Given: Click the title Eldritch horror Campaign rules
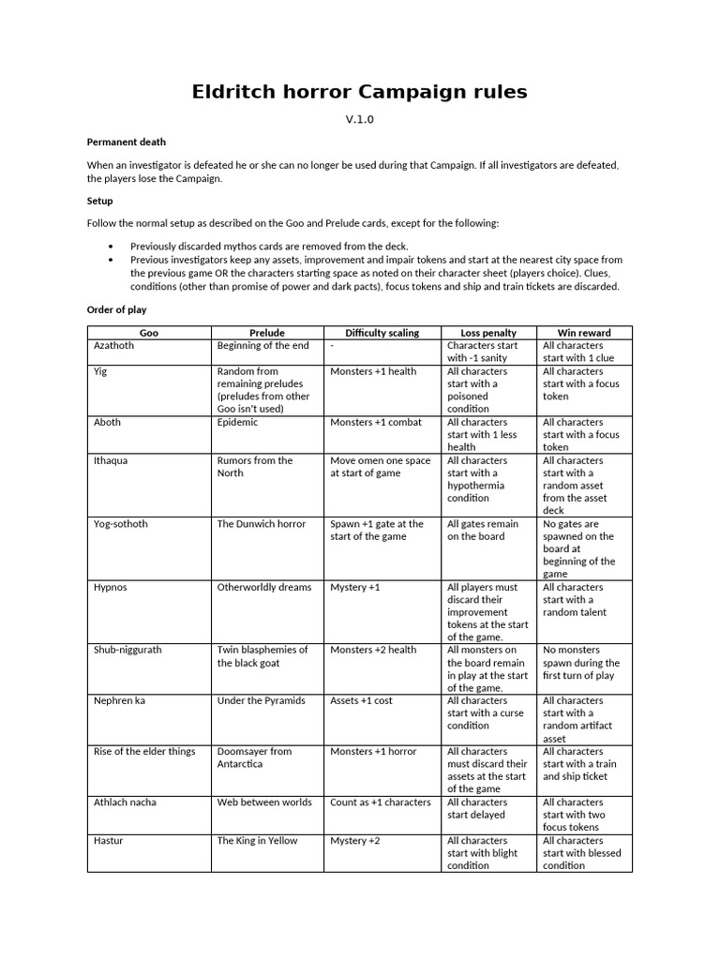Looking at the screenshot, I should [x=359, y=92].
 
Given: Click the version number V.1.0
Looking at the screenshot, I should [x=359, y=120].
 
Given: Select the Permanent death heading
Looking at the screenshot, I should [x=126, y=142].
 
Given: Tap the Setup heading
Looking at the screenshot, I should [x=99, y=201].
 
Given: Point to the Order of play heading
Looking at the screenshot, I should [x=116, y=309].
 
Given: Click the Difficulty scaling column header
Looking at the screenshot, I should [x=382, y=333].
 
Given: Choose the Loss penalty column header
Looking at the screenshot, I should [x=488, y=333].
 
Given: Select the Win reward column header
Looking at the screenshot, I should [x=584, y=333].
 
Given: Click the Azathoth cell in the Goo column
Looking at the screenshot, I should [x=113, y=346].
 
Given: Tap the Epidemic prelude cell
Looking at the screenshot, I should [x=237, y=423].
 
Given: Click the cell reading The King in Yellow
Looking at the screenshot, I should [x=257, y=841].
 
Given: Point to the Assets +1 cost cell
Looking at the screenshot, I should [x=361, y=701].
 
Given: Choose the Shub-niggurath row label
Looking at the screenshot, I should [x=127, y=651].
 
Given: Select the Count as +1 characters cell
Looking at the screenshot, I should [x=380, y=802].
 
